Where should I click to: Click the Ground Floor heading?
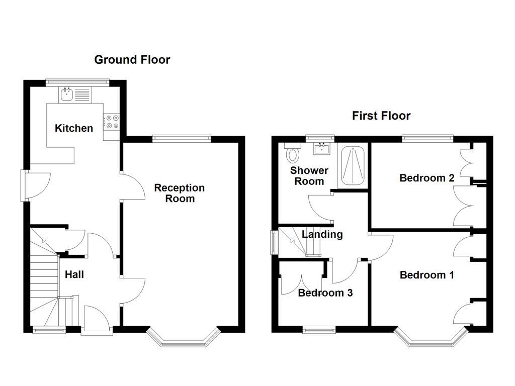[132, 60]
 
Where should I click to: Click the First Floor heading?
[381, 116]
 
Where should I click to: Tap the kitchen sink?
[67, 93]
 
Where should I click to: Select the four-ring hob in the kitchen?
[111, 122]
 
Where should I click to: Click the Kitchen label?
[74, 128]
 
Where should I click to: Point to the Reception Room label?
[180, 193]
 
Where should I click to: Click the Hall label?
[74, 274]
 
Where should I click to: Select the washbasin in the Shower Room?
[321, 148]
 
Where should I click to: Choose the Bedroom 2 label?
[427, 178]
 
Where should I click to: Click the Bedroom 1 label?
[427, 275]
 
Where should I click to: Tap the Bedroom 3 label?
[325, 293]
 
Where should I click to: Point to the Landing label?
[322, 234]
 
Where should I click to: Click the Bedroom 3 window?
[319, 330]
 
